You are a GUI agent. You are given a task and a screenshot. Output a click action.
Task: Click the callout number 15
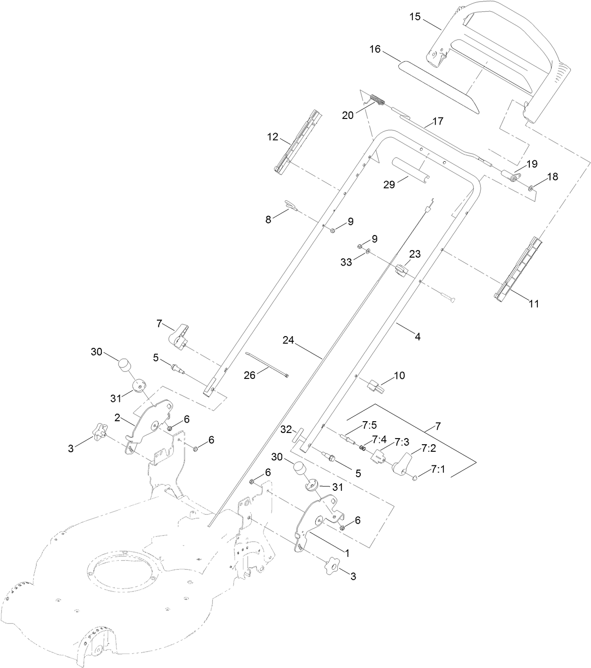click(415, 17)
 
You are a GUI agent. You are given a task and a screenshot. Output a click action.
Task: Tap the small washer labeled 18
click(530, 188)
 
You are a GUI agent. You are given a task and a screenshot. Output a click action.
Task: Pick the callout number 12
click(273, 137)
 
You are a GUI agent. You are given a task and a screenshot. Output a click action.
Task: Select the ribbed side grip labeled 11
click(518, 269)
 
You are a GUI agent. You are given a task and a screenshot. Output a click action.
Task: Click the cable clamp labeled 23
click(400, 270)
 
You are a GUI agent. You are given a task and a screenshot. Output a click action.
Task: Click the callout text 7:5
click(369, 425)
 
